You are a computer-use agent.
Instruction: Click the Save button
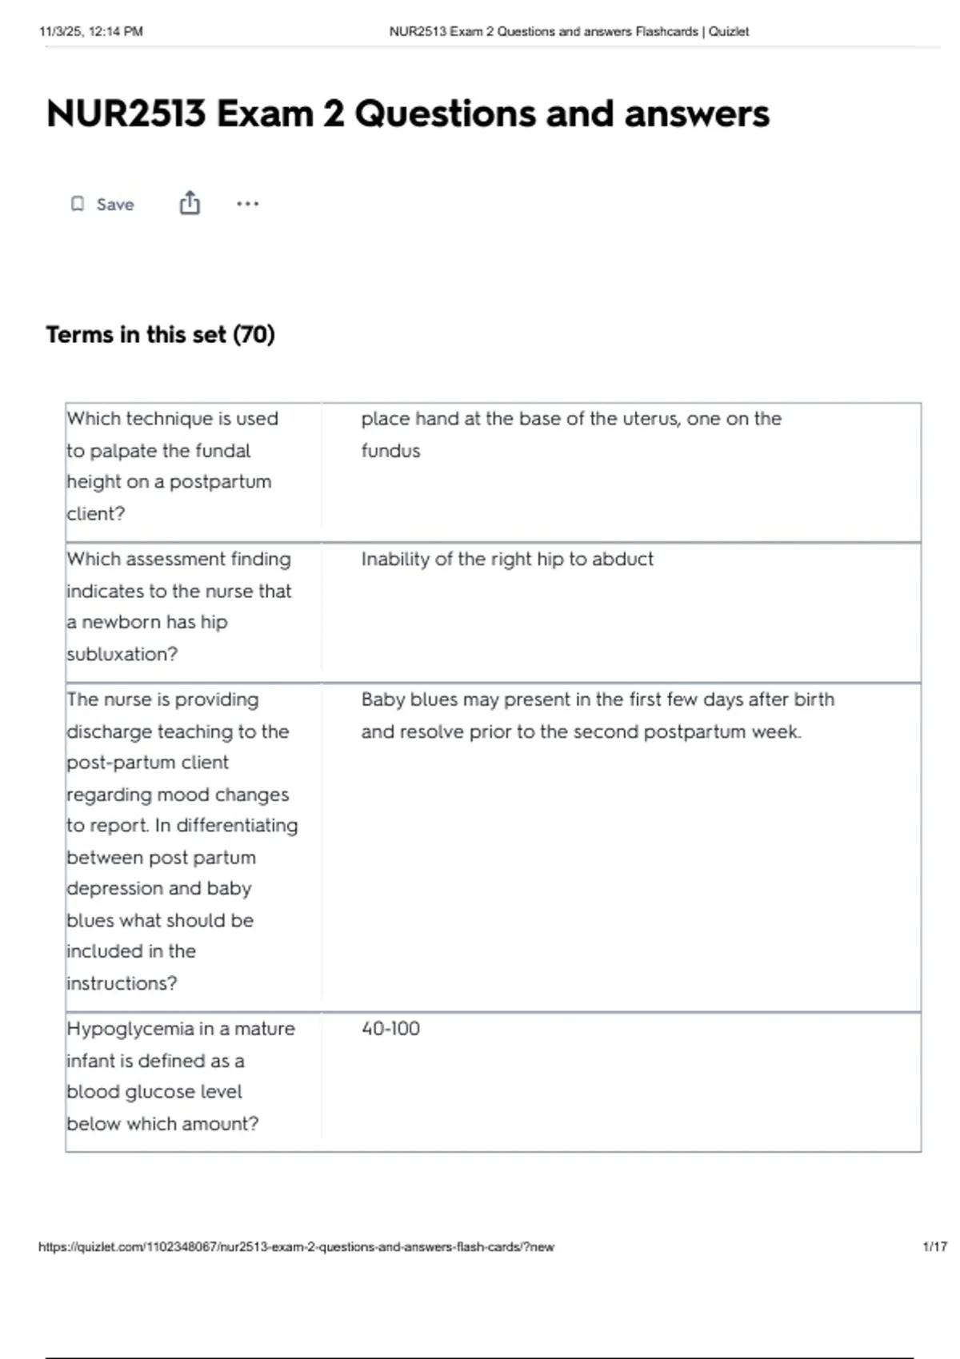tap(102, 204)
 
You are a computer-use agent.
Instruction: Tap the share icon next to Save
tap(190, 203)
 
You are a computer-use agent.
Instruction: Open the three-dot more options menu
tap(247, 204)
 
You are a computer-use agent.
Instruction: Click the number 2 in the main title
tap(334, 114)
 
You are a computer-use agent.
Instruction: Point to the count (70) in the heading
tap(254, 334)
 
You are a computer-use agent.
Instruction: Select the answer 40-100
tap(390, 1028)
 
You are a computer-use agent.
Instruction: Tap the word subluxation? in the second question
tap(122, 654)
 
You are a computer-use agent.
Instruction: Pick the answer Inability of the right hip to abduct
tap(506, 559)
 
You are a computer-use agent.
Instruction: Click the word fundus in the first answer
tap(390, 451)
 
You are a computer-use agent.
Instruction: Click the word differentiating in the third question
tap(237, 825)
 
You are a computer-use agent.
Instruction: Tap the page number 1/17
tap(934, 1246)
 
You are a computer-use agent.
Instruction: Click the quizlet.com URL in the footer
tap(296, 1246)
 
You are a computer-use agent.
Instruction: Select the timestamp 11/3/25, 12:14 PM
tap(90, 31)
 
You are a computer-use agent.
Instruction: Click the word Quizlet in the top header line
tap(729, 31)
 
